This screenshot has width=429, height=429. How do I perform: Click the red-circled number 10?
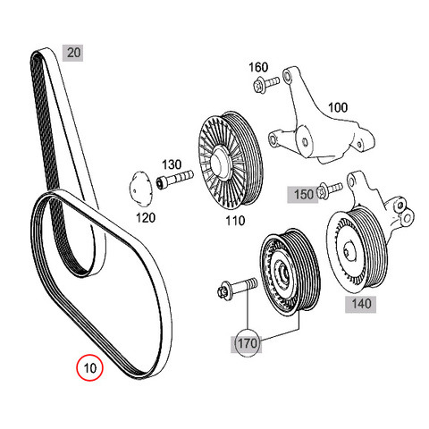click(x=89, y=367)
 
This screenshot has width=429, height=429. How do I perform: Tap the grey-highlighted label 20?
click(x=73, y=53)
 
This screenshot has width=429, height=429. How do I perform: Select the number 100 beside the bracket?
click(x=338, y=107)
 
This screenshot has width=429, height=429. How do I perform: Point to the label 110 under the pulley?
click(x=235, y=221)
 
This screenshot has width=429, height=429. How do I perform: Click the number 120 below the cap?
click(x=146, y=218)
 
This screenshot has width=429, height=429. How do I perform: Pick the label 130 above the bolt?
click(x=172, y=164)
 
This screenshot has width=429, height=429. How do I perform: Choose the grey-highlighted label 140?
click(x=361, y=304)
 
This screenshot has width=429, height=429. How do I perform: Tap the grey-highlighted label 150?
click(x=303, y=195)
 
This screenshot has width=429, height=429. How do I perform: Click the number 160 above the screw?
click(x=258, y=67)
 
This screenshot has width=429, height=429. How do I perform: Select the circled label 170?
click(x=247, y=343)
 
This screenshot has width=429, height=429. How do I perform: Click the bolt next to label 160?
click(x=266, y=84)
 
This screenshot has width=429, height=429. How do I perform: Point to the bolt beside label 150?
click(x=330, y=189)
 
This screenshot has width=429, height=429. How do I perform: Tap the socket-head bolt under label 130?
click(x=175, y=179)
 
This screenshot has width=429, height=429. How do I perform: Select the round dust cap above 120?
click(x=140, y=189)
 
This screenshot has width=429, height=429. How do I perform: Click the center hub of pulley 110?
click(x=221, y=161)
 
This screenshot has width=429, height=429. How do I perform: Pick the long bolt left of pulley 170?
click(x=237, y=287)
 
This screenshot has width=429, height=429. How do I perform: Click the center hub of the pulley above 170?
click(x=282, y=273)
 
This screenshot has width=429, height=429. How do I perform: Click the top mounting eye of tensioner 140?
click(x=352, y=180)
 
